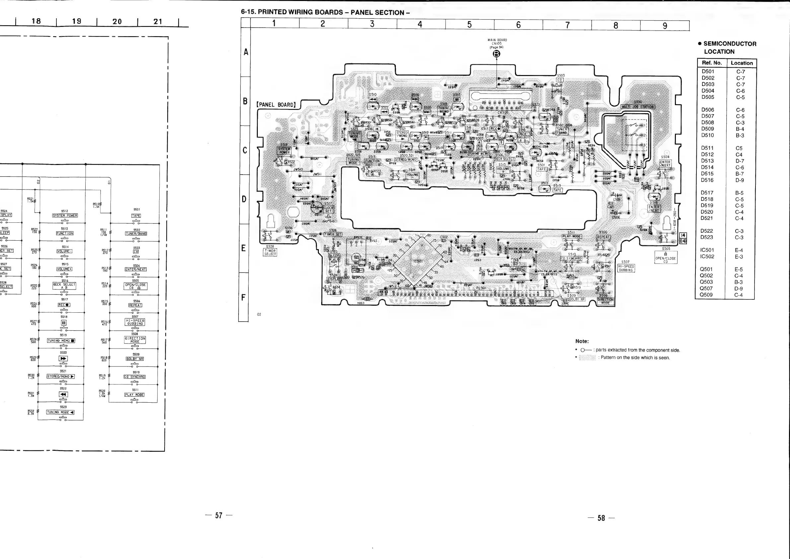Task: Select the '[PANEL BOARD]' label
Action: (276, 105)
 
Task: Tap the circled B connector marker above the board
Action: (496, 54)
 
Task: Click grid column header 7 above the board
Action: (567, 25)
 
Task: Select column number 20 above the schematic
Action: (117, 21)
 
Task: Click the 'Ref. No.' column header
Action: (712, 63)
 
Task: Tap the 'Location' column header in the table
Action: (742, 63)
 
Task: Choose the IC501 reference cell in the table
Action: (707, 250)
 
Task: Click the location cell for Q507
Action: (740, 288)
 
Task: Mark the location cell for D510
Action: (740, 135)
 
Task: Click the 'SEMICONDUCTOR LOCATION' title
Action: (729, 47)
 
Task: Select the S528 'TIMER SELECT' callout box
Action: (270, 252)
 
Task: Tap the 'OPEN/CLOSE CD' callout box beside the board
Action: (666, 258)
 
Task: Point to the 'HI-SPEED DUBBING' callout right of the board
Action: (626, 268)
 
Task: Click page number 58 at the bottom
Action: (601, 519)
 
